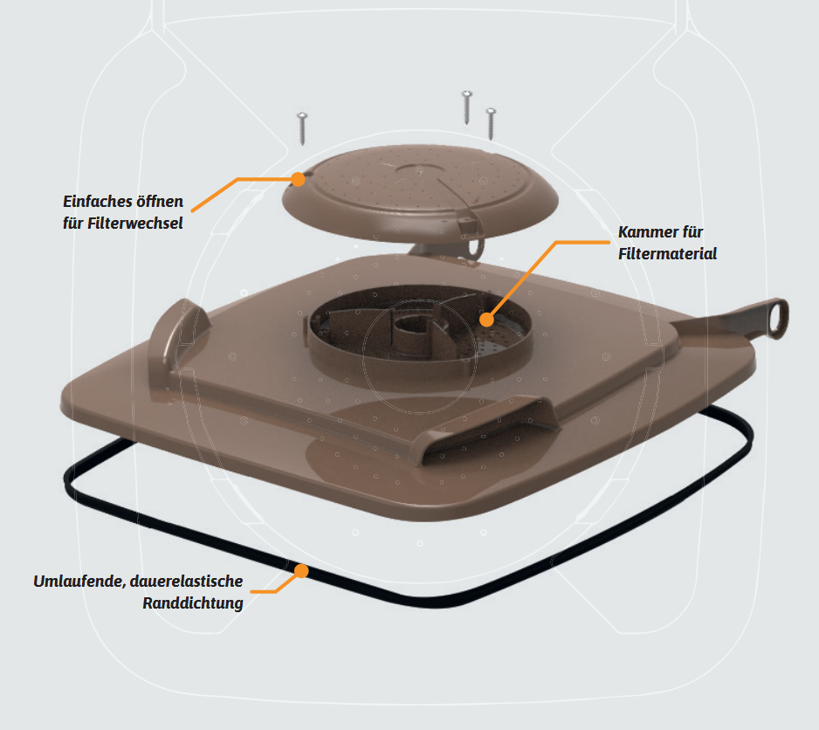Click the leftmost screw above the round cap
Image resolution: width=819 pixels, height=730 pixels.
click(302, 128)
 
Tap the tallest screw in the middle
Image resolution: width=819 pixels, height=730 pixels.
click(467, 107)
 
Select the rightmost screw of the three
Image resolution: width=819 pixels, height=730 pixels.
click(491, 124)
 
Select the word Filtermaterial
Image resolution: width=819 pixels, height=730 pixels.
click(668, 253)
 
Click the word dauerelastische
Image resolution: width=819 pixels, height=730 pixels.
click(187, 581)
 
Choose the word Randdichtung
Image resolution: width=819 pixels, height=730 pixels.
click(193, 603)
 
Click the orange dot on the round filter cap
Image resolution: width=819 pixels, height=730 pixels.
click(298, 179)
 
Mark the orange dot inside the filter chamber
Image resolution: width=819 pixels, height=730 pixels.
click(486, 320)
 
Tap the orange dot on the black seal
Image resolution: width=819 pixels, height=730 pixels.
click(301, 571)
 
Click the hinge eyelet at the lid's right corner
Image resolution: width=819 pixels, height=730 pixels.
click(777, 318)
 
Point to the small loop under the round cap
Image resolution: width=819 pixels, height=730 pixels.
click(475, 248)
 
